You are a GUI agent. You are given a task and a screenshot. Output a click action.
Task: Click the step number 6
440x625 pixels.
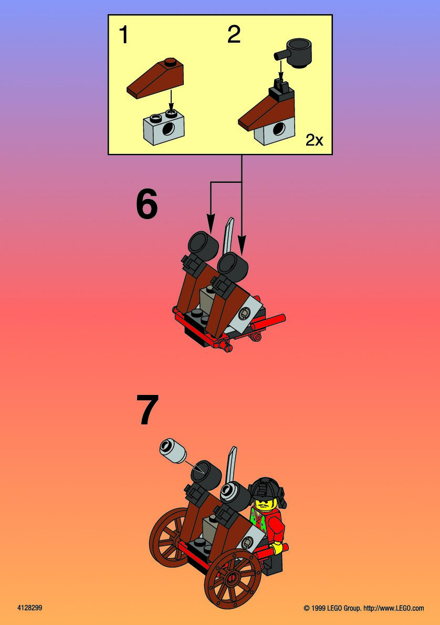[147, 204]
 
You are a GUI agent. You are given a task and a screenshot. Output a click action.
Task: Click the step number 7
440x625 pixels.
[148, 409]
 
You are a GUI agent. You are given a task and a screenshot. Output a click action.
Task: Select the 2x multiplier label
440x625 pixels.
[315, 140]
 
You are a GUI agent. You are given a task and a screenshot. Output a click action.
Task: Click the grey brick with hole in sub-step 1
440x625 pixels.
[164, 128]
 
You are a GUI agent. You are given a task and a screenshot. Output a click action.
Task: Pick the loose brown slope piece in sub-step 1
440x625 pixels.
[155, 78]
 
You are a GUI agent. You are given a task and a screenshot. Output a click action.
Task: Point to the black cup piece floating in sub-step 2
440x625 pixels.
[293, 53]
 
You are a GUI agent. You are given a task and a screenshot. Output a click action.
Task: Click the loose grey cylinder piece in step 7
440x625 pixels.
[173, 451]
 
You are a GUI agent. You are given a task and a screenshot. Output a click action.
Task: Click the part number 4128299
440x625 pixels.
[30, 608]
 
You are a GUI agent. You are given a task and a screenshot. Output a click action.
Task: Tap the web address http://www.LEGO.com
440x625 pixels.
[394, 608]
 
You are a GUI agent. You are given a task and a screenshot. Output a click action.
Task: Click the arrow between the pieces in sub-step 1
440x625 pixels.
[171, 100]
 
